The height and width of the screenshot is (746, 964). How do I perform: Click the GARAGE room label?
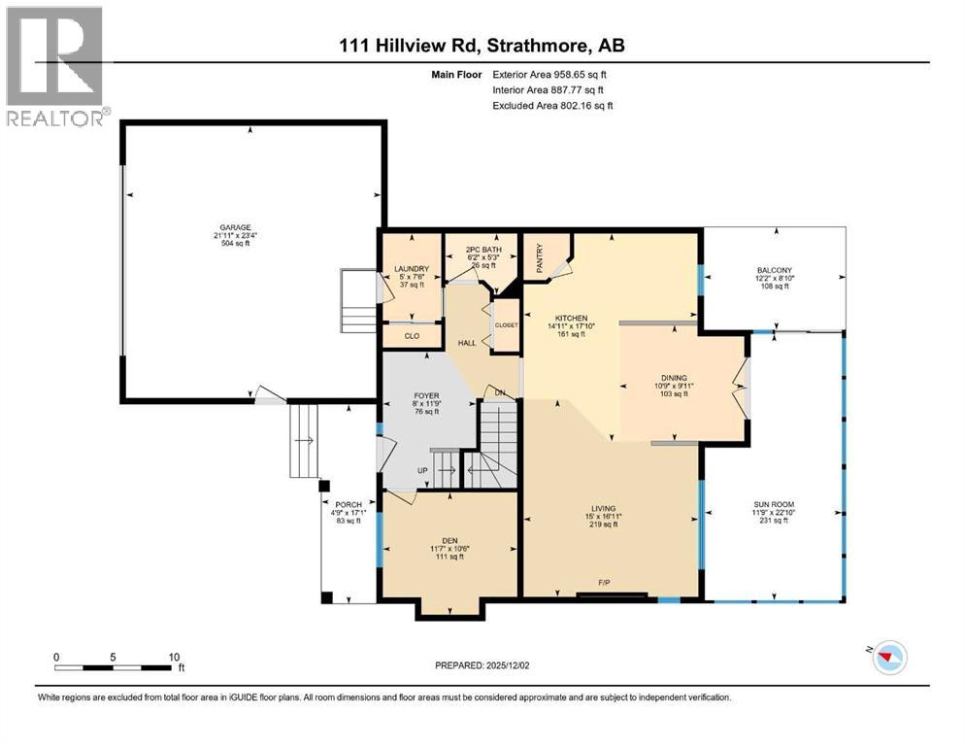236,227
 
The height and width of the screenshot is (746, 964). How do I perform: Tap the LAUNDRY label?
412,269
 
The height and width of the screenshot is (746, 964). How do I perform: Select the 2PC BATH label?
483,250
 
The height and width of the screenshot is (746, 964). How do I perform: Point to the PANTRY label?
539,258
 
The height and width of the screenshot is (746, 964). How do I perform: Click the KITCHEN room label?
572,318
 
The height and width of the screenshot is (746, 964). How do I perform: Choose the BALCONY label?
774,270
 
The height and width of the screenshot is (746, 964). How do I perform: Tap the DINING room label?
674,378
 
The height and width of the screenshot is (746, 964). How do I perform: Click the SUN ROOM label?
774,504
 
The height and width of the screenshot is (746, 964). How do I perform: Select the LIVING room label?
604,509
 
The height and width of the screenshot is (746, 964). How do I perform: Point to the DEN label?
449,541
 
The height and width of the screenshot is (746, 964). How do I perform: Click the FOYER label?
427,396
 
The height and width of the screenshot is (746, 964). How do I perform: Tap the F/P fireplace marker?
605,583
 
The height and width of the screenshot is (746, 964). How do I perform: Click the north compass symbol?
889,657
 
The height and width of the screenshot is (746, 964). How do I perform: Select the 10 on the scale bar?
174,657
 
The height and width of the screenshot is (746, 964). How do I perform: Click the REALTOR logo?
54,66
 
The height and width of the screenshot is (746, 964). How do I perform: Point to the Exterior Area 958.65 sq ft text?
549,75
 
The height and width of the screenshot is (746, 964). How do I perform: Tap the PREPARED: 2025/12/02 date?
482,665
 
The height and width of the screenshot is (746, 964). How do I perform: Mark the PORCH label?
349,504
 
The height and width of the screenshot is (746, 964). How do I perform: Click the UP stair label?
422,470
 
